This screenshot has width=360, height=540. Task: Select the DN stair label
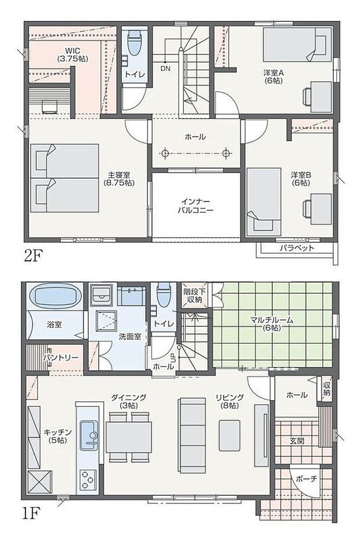165,68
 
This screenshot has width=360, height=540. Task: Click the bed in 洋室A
296,45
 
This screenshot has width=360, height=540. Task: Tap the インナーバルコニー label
195,206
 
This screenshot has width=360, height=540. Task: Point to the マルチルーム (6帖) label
271,323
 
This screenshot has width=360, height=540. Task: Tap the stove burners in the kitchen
89,479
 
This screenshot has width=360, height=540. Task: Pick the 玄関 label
296,441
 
